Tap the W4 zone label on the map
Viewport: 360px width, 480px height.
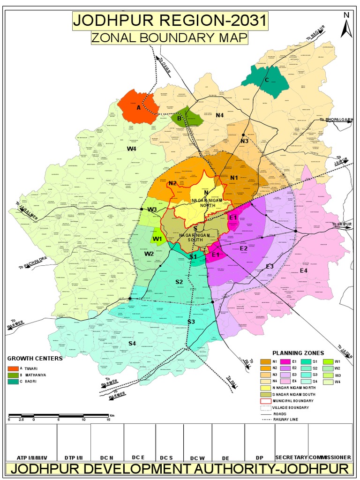click(131, 149)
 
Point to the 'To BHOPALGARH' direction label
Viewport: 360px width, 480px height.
click(336, 120)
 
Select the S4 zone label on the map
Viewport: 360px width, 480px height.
click(132, 344)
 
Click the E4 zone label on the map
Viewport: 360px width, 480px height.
click(304, 270)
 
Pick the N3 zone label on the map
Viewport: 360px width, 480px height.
click(244, 141)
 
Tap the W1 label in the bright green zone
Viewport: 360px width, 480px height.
click(157, 239)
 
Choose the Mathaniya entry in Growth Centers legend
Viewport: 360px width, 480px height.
click(27, 375)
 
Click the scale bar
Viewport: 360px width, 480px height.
click(59, 415)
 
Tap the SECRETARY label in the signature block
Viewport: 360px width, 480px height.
click(291, 457)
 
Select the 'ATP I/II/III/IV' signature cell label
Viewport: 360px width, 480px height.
click(32, 457)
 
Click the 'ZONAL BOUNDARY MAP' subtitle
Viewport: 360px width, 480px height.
click(169, 37)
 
